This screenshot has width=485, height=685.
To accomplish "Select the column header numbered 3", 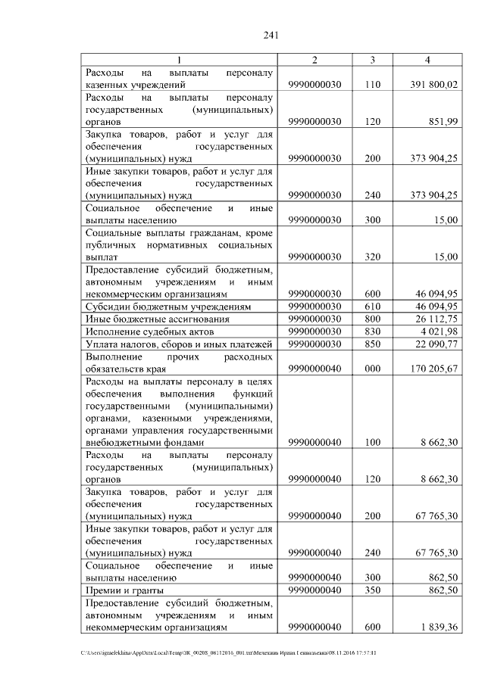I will pyautogui.click(x=371, y=60).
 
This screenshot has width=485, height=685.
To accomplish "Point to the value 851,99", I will pyautogui.click(x=442, y=122).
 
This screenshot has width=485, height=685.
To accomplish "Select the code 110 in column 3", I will pyautogui.click(x=371, y=86).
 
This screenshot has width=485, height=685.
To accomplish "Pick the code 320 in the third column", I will pyautogui.click(x=371, y=257).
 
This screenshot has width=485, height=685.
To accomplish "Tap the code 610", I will pyautogui.click(x=371, y=307).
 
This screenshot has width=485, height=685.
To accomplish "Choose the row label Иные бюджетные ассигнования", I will pyautogui.click(x=155, y=319).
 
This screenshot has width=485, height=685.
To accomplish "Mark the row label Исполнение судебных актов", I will pyautogui.click(x=151, y=332).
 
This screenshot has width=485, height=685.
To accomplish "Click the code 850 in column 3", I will pyautogui.click(x=371, y=345).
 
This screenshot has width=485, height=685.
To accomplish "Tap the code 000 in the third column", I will pyautogui.click(x=371, y=369).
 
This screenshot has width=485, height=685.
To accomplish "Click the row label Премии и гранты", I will pyautogui.click(x=125, y=590).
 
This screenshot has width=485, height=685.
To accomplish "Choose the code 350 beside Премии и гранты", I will pyautogui.click(x=371, y=590).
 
